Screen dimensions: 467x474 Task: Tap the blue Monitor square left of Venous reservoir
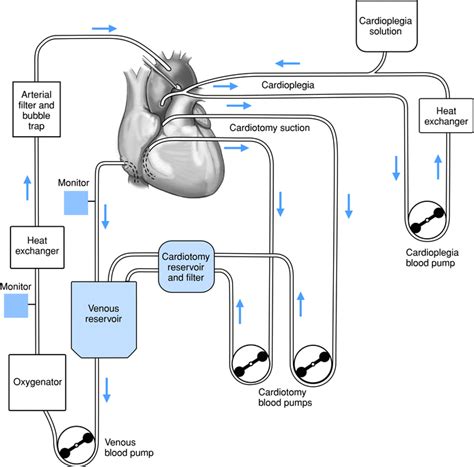click(x=16, y=304)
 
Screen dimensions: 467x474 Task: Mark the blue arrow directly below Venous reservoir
click(x=105, y=388)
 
